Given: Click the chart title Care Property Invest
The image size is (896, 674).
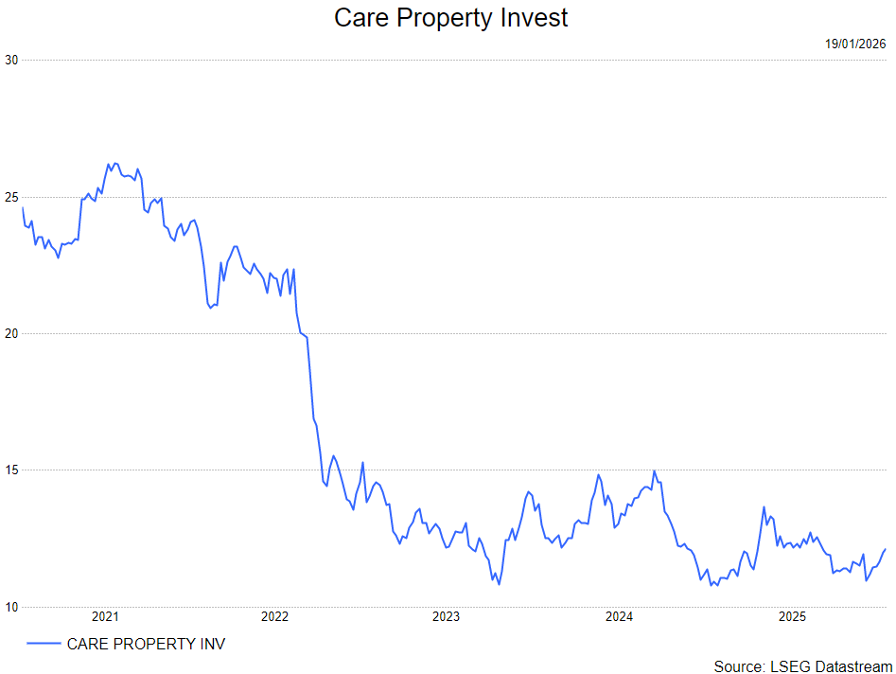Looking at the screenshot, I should click(x=451, y=17).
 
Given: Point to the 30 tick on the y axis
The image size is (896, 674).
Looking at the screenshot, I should click(x=11, y=60).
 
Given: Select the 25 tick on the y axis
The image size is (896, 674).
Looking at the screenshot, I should click(x=11, y=197).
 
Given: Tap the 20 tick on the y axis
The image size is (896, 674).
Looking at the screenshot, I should click(x=11, y=333).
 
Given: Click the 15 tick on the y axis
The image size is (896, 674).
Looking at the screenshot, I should click(x=11, y=470).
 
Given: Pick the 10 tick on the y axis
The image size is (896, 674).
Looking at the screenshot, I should click(x=11, y=607).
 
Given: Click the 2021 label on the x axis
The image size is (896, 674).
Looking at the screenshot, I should click(x=104, y=617).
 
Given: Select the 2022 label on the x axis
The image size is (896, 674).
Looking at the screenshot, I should click(x=274, y=617).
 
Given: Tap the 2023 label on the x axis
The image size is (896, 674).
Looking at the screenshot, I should click(x=446, y=617).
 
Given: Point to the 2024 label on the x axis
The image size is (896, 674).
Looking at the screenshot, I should click(x=619, y=617).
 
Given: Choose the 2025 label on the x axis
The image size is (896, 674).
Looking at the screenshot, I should click(x=791, y=617).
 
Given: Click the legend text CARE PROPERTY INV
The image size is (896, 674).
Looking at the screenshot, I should click(x=146, y=644).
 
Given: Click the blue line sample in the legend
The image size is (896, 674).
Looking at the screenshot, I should click(x=44, y=644).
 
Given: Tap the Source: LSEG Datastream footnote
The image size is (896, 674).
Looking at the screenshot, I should click(x=802, y=665).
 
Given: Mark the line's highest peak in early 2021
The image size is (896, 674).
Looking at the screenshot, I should click(x=110, y=163).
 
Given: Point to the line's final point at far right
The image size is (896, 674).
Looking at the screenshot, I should click(x=885, y=549).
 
